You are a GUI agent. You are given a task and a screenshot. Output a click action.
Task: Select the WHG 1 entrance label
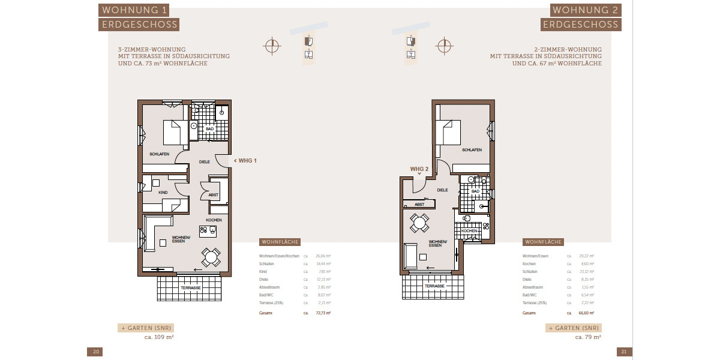(245, 161)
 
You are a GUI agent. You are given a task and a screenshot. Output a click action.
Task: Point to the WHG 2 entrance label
(419, 169)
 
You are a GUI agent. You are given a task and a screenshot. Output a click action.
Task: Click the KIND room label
(163, 193)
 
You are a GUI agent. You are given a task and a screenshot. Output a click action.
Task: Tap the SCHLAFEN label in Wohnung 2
(472, 150)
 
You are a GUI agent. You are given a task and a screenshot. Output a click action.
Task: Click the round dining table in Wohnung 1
(211, 257)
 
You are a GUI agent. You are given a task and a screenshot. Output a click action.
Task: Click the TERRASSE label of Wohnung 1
(190, 288)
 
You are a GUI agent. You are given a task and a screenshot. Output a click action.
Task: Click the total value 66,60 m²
(587, 313)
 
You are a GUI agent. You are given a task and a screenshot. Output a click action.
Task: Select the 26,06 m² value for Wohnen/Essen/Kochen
(323, 256)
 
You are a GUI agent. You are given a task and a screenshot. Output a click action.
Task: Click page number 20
(95, 352)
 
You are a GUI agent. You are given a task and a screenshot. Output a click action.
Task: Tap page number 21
(623, 352)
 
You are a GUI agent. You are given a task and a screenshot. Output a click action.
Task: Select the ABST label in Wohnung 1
(213, 195)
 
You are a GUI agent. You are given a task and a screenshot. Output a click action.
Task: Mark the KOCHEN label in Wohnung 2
(469, 231)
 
